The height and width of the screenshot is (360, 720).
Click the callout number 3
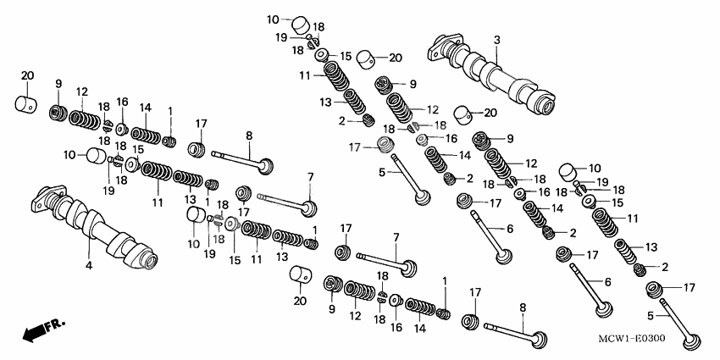(496, 40)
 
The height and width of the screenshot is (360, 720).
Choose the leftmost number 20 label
(26, 76)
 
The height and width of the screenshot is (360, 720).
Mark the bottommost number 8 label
(522, 309)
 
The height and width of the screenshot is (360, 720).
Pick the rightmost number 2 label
(664, 267)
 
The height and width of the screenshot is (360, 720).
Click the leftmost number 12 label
(82, 91)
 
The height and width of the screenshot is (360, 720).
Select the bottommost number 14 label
(418, 328)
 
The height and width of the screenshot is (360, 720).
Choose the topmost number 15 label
(345, 56)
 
